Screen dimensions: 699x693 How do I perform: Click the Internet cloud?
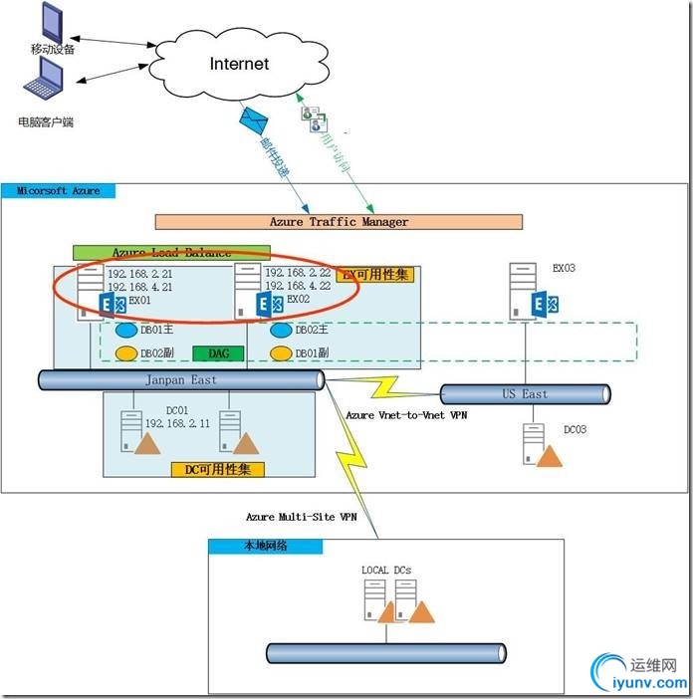point(239,64)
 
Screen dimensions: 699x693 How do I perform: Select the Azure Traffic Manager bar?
point(339,221)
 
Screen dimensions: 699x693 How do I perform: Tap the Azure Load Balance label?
point(171,253)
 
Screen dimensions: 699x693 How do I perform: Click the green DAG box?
point(218,352)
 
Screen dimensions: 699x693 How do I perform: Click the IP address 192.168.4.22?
point(298,285)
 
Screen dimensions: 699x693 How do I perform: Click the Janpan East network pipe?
point(179,379)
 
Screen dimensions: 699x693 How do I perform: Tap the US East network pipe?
point(524,394)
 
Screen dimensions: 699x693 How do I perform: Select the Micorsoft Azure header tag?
point(59,189)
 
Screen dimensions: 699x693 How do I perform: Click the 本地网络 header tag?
point(265,546)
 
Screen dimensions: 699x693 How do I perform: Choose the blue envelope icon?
point(254,122)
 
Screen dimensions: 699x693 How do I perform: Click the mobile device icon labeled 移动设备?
point(49,22)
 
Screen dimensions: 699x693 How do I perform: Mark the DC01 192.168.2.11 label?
point(179,415)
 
